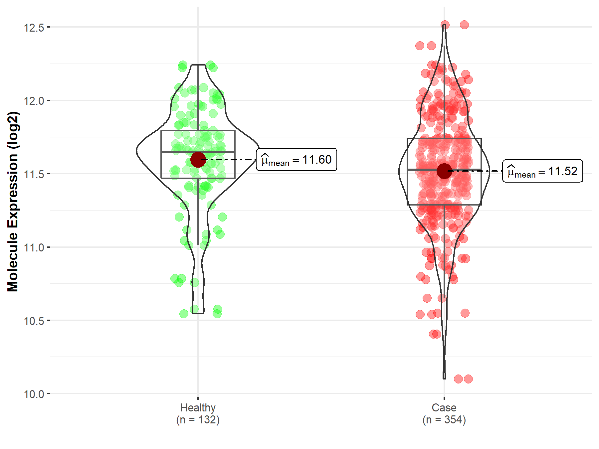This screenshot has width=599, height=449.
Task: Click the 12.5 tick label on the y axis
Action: [x=34, y=27]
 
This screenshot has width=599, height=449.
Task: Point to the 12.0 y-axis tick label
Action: [x=34, y=101]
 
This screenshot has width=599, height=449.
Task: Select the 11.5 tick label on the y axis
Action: [x=34, y=174]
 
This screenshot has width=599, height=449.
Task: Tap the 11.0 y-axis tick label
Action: [x=34, y=248]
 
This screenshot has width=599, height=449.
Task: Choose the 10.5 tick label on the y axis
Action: [x=34, y=321]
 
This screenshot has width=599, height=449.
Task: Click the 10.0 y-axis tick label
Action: [x=34, y=394]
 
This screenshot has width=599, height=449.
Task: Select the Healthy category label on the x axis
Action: [x=198, y=407]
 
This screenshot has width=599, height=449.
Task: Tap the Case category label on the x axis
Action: [x=444, y=407]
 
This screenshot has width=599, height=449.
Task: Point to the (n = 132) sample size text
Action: [x=198, y=420]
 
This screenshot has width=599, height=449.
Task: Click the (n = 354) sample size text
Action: [x=444, y=420]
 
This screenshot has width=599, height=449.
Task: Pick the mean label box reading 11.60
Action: [x=296, y=160]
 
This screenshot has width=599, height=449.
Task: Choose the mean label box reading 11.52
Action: [x=542, y=171]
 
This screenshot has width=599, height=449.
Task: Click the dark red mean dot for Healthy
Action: [x=198, y=160]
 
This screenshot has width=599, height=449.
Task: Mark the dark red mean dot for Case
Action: [x=444, y=171]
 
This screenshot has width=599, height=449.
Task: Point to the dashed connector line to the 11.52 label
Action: [x=476, y=171]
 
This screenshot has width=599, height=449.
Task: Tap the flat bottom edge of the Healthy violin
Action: [x=198, y=313]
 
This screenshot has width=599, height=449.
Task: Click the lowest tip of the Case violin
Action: [x=444, y=378]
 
